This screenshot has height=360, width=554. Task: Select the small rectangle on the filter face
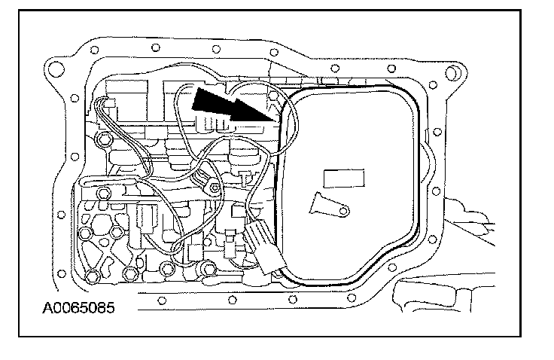(x=342, y=178)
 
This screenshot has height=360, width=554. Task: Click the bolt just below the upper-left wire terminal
(x=105, y=139)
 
